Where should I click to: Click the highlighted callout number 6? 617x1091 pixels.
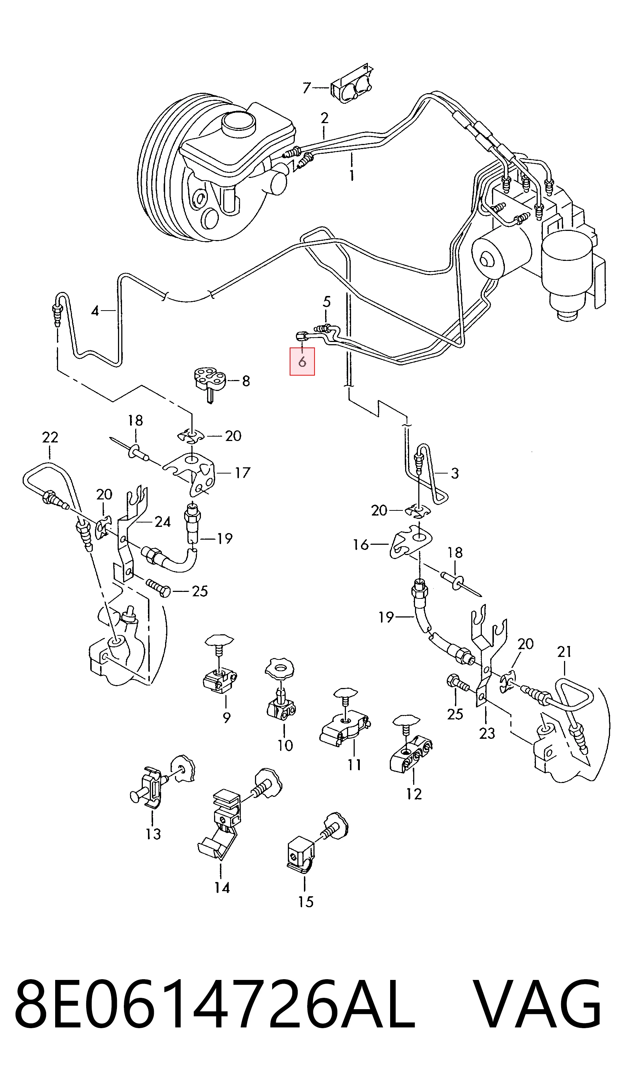click(302, 362)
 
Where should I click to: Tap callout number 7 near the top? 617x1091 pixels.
click(307, 88)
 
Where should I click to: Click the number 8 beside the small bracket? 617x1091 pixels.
click(246, 381)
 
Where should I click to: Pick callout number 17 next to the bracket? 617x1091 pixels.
click(243, 472)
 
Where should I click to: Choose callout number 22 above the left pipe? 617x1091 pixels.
click(50, 437)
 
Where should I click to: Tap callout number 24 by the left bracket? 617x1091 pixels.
click(163, 522)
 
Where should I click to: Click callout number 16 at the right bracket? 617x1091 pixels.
click(361, 545)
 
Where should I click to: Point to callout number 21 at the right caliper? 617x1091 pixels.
click(564, 652)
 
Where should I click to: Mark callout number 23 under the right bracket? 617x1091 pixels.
click(487, 733)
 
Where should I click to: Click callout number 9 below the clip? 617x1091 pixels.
click(227, 718)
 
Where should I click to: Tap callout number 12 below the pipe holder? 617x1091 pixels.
click(414, 794)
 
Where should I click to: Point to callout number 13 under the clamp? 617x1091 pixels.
click(153, 834)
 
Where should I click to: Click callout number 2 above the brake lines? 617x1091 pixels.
click(325, 118)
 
